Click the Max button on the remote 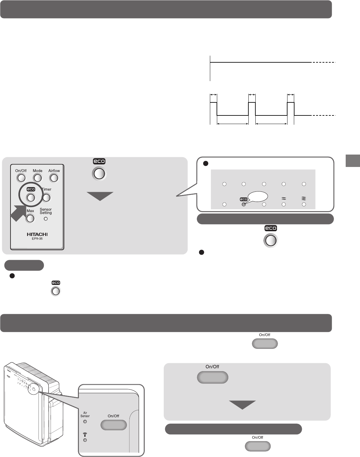tap(30, 218)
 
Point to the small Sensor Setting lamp tap(45, 219)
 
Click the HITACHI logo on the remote tap(37, 234)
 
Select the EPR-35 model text tap(37, 239)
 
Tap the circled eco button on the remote tap(31, 197)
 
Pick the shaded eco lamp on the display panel tap(244, 204)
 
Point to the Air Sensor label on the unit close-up tap(85, 414)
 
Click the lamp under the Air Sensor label tap(85, 422)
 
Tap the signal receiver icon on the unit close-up tap(85, 434)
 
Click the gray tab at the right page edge tap(352, 161)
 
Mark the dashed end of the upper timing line tap(324, 63)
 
